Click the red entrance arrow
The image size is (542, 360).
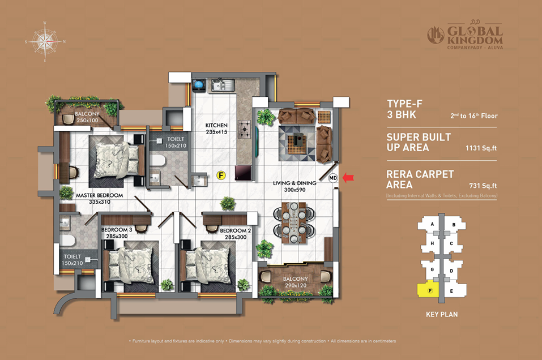pyautogui.click(x=348, y=178)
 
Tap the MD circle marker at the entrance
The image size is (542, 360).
pyautogui.click(x=333, y=178)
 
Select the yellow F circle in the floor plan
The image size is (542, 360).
pyautogui.click(x=221, y=175)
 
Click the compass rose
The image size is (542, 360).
pyautogui.click(x=45, y=42)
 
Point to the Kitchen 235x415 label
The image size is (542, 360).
pyautogui.click(x=216, y=128)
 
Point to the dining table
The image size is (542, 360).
pyautogui.click(x=294, y=223)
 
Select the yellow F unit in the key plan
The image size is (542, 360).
pyautogui.click(x=428, y=289)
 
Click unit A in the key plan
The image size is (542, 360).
pyautogui.click(x=432, y=224)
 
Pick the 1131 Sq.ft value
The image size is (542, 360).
pyautogui.click(x=481, y=148)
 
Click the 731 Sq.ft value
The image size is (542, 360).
pyautogui.click(x=483, y=186)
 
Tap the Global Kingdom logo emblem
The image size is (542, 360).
pyautogui.click(x=436, y=35)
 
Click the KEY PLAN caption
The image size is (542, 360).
pyautogui.click(x=442, y=314)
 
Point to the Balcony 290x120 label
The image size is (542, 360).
pyautogui.click(x=295, y=282)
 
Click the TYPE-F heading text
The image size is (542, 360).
pyautogui.click(x=404, y=104)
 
